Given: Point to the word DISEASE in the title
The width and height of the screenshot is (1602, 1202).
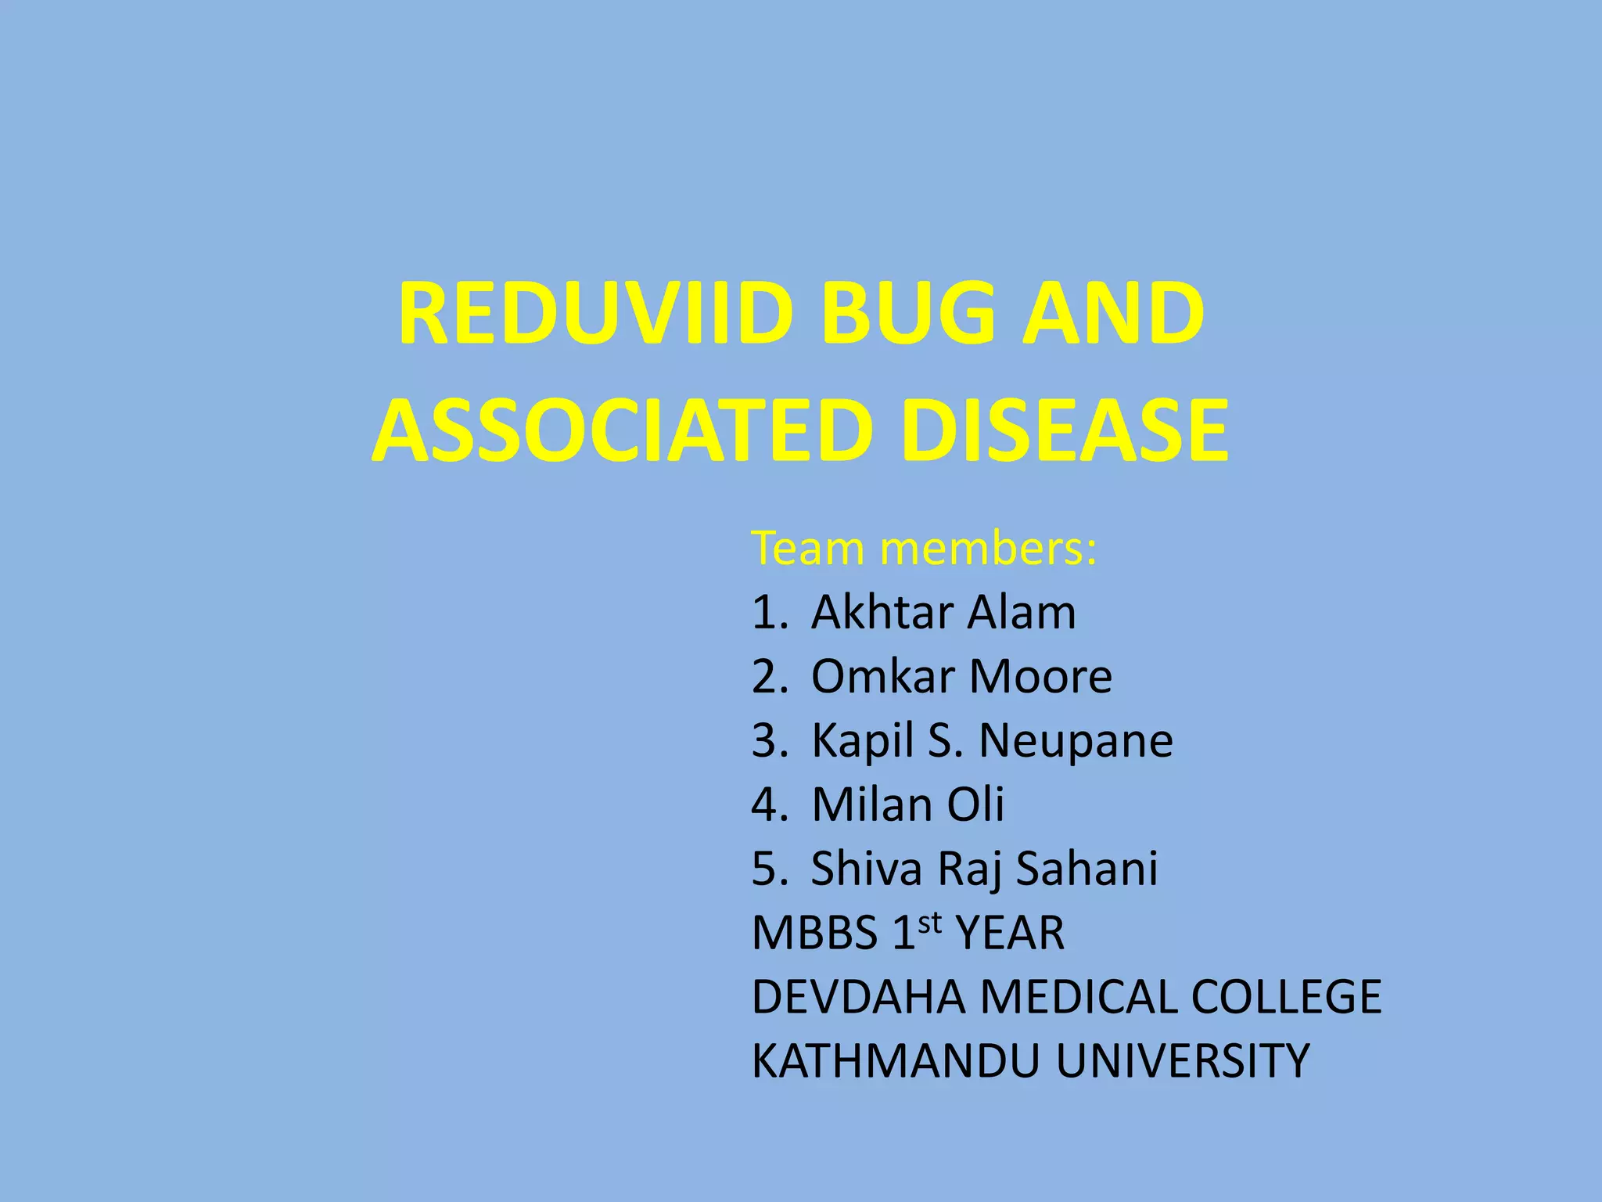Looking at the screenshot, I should [1065, 430].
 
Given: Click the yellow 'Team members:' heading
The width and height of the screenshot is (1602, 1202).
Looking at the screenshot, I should [924, 548].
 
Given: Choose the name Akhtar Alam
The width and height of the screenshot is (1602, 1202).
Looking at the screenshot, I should [943, 612].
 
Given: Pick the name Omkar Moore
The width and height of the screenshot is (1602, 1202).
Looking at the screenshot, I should [961, 676].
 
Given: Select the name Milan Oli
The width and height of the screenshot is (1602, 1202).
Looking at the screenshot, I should [907, 804].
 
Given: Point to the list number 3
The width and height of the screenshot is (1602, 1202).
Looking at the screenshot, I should [767, 740].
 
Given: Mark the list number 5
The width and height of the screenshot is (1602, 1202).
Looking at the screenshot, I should [767, 869].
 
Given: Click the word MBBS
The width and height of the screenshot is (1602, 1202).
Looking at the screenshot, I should [814, 933].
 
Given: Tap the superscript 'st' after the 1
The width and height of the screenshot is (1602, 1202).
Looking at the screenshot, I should [929, 923].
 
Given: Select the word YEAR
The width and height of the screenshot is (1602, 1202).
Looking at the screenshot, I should [1010, 933].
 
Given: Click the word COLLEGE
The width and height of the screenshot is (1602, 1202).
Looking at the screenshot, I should [1286, 997].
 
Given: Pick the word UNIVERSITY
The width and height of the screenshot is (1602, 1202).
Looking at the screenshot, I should [1182, 1061].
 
